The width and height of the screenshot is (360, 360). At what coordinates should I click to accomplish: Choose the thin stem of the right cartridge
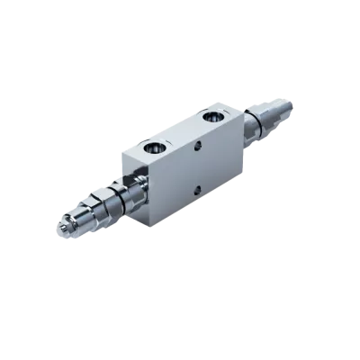260,121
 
